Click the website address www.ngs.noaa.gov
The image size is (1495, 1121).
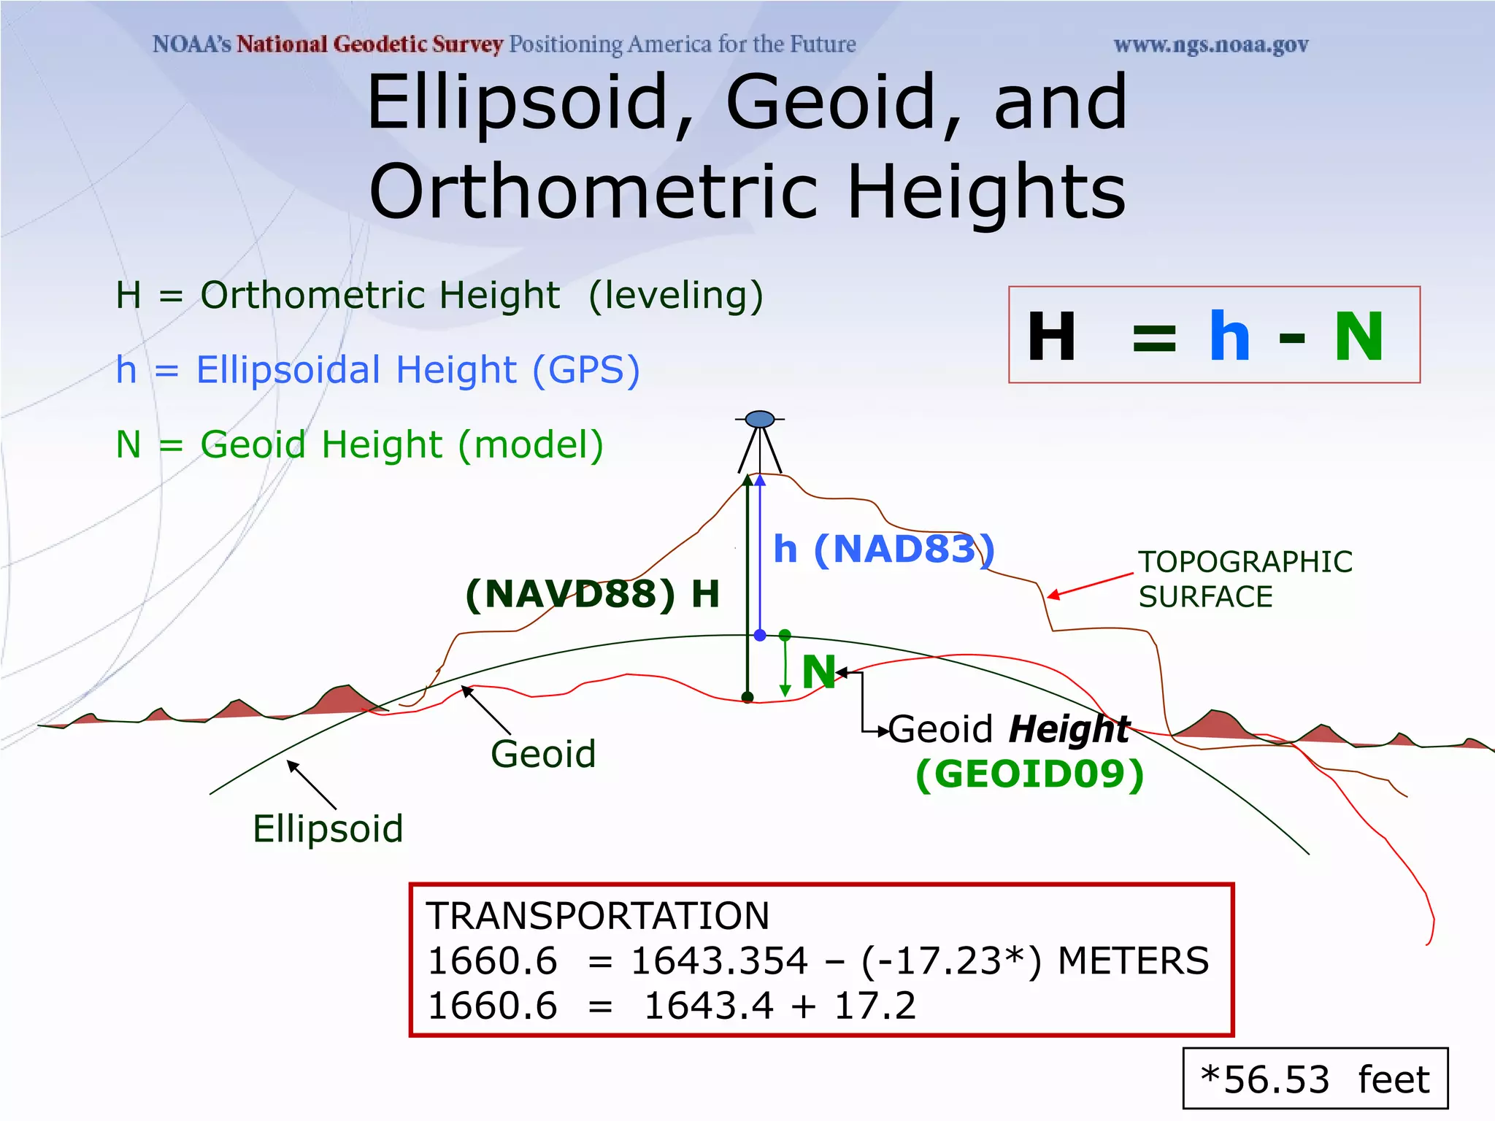tap(1210, 45)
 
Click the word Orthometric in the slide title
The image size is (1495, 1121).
tap(598, 191)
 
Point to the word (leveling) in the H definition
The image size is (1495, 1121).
tap(675, 296)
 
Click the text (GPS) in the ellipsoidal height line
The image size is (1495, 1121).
tap(586, 370)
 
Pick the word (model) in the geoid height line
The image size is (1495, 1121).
tap(531, 444)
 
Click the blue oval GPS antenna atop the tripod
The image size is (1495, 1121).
tap(760, 419)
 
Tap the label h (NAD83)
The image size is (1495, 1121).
tap(883, 549)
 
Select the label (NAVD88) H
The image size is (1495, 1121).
tap(592, 593)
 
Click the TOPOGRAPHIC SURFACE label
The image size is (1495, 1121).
tap(1245, 579)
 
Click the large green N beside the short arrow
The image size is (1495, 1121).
tap(818, 671)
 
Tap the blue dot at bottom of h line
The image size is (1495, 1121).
tap(760, 636)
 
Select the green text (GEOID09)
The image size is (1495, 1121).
tap(1029, 774)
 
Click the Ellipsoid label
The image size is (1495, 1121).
tap(328, 829)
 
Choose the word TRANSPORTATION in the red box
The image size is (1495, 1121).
tap(598, 916)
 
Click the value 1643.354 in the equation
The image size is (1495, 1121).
tap(719, 961)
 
